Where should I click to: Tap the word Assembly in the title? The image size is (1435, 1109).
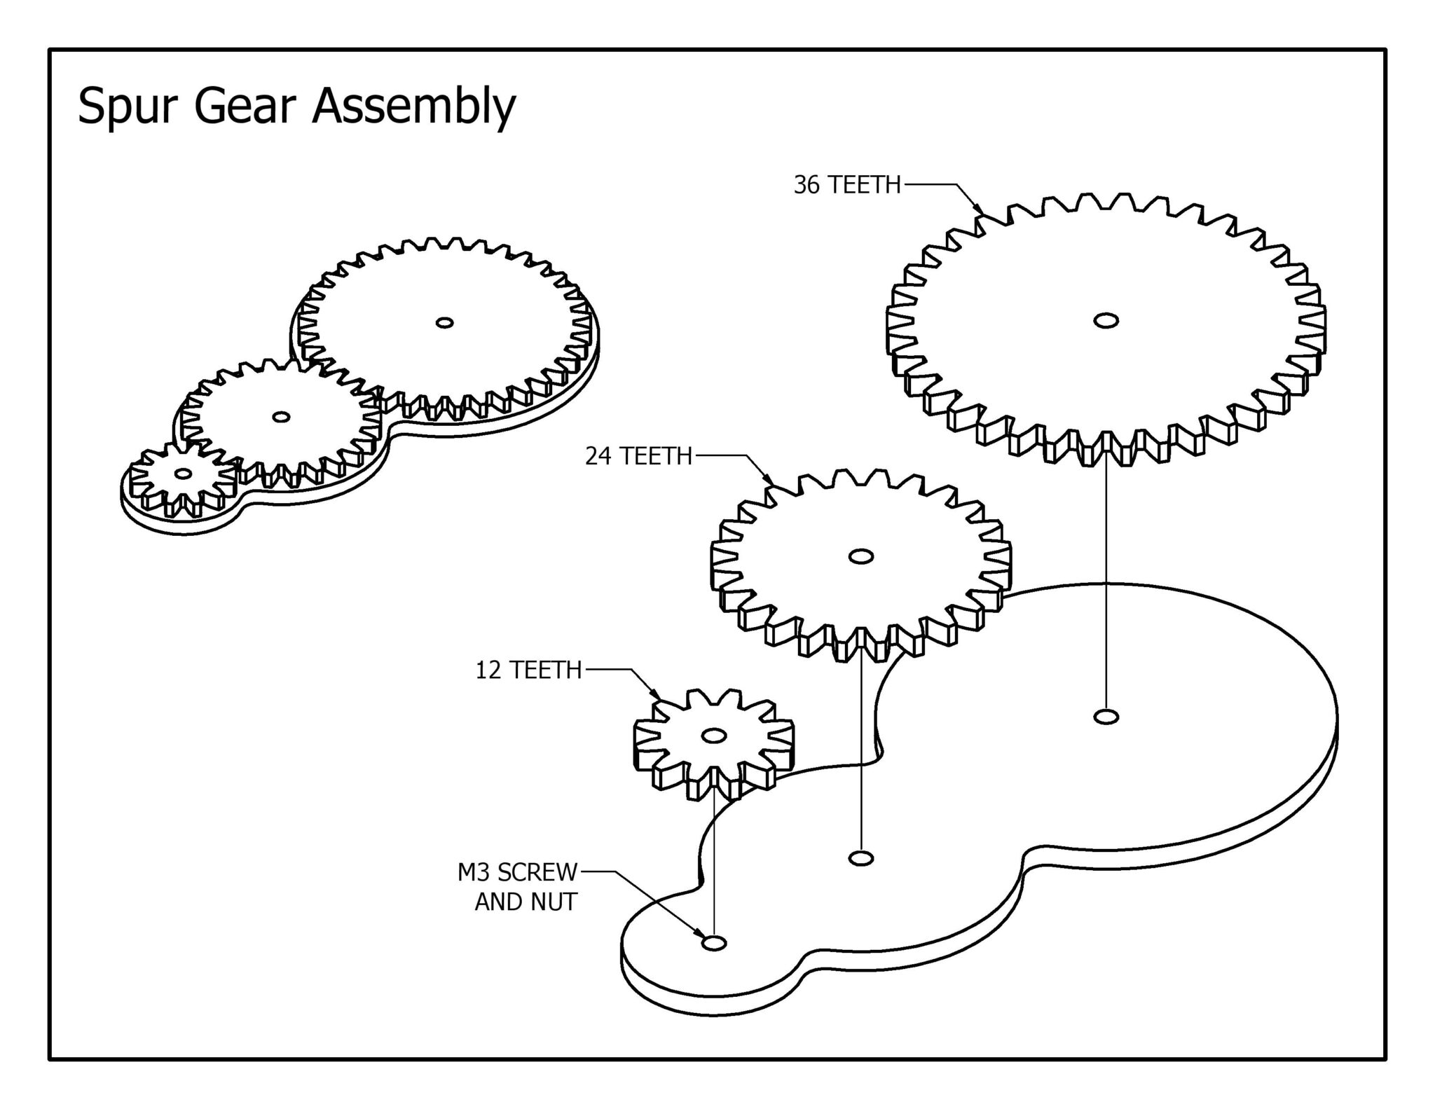[x=413, y=107]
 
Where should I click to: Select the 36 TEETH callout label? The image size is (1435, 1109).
[x=846, y=185]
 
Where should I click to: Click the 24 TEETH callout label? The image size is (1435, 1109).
[x=638, y=457]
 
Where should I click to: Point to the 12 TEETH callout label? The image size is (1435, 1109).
[x=529, y=670]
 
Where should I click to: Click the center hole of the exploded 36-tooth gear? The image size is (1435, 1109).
[x=1106, y=321]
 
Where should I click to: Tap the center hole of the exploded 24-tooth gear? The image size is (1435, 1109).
[x=860, y=556]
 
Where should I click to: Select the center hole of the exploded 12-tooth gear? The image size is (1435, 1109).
[x=713, y=736]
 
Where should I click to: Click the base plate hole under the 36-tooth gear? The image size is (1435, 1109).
[x=1106, y=717]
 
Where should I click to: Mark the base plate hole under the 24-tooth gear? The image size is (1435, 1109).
[x=860, y=857]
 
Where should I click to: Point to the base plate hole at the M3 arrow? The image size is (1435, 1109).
[x=714, y=943]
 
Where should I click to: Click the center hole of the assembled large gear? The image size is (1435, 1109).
[x=444, y=322]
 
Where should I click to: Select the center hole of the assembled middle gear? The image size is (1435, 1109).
[x=281, y=417]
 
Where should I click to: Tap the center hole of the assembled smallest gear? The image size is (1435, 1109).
[x=184, y=474]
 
